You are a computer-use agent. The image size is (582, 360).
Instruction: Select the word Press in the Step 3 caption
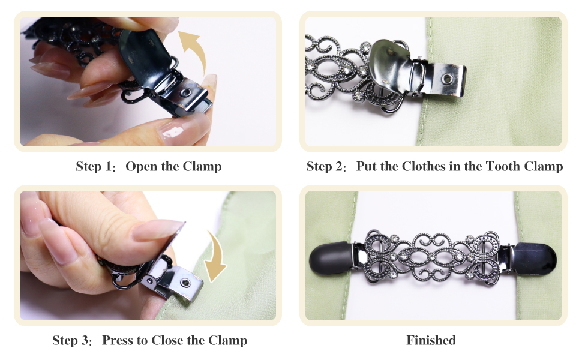118,341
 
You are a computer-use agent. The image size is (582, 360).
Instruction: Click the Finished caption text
431,341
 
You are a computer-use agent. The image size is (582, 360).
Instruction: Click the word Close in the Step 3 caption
168,341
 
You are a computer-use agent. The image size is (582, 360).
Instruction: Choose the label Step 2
325,167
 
